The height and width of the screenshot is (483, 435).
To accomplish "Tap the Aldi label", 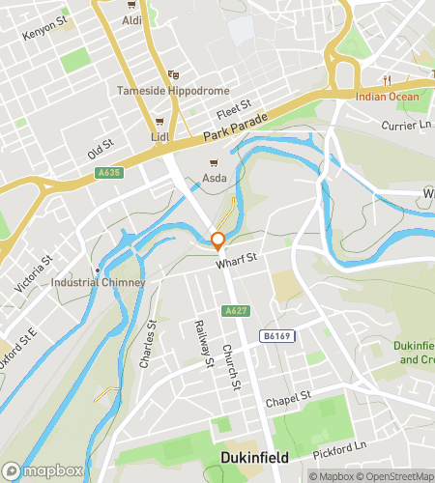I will [132, 19].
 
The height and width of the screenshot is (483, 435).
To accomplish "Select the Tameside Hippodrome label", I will [172, 91].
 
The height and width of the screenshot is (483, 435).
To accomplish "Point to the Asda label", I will [215, 177].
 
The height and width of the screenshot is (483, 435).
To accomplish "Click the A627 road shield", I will [233, 310].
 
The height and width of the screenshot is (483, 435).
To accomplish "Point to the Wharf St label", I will [235, 258].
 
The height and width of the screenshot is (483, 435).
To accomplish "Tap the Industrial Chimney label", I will [99, 282].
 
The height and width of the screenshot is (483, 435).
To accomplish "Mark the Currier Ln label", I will [406, 125].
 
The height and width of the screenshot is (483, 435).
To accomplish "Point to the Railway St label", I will [202, 344].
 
